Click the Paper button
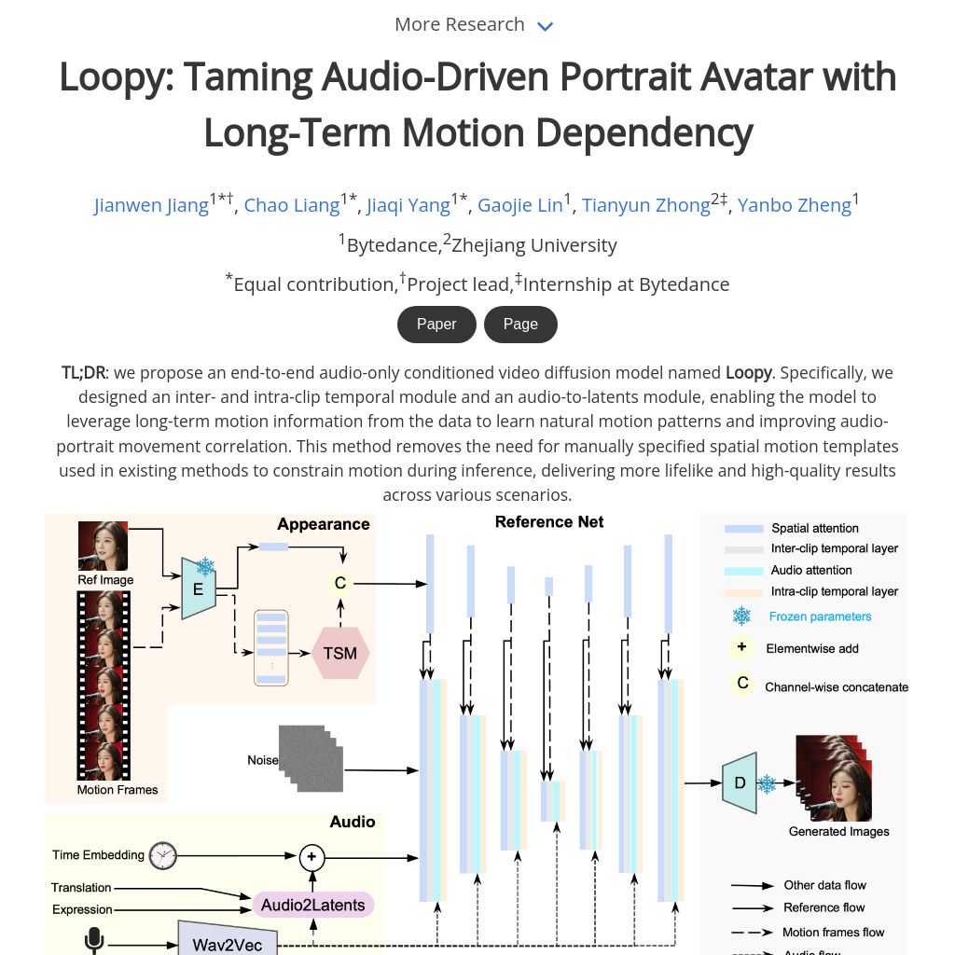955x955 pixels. [436, 325]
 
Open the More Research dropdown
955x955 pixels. [474, 25]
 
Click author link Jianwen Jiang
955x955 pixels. [151, 205]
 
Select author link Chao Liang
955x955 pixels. [292, 205]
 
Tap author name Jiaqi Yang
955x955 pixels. [408, 205]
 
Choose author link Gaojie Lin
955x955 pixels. [520, 205]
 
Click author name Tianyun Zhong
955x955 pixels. [646, 205]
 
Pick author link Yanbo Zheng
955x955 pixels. [795, 205]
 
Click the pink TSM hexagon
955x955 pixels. [340, 653]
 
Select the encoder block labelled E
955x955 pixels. [198, 588]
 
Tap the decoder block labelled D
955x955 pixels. [739, 782]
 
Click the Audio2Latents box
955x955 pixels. [312, 905]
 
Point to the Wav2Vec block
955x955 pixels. [228, 941]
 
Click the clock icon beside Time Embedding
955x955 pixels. [162, 854]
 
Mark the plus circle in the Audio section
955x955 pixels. [312, 855]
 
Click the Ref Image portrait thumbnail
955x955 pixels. [103, 546]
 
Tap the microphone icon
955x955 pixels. [94, 941]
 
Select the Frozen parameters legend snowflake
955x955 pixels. [741, 616]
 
